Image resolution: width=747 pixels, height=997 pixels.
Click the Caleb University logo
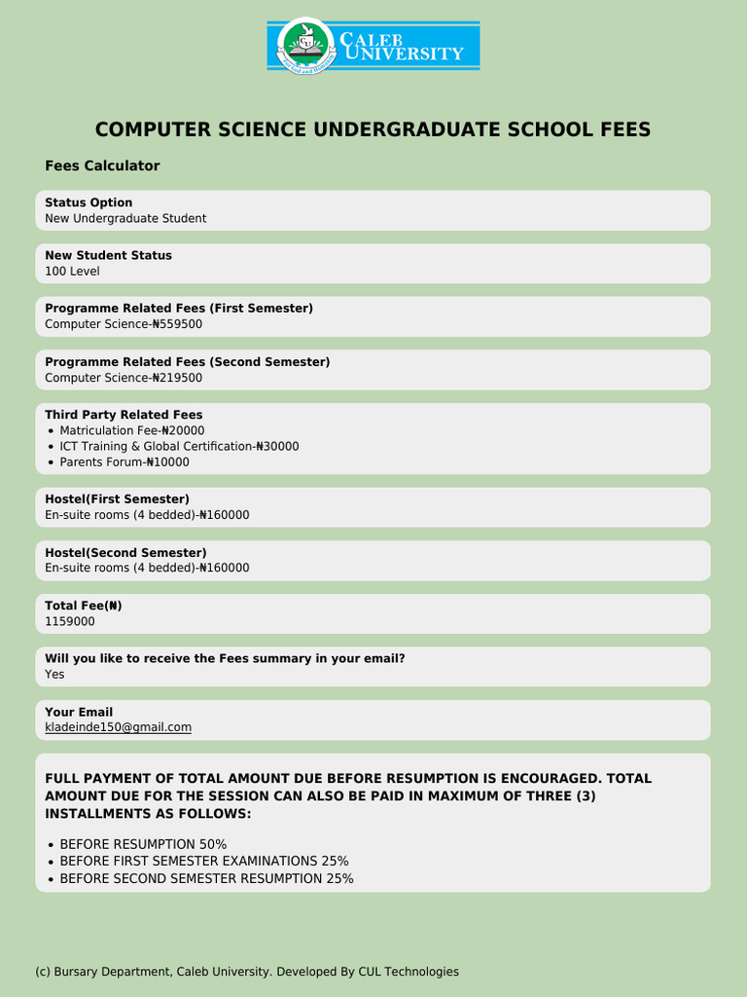(x=373, y=46)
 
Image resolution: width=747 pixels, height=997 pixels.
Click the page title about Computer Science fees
(x=373, y=130)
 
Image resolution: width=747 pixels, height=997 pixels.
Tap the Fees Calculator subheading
(x=102, y=166)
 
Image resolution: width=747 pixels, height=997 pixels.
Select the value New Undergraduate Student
(x=125, y=219)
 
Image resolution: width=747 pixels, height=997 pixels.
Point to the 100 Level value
(x=72, y=272)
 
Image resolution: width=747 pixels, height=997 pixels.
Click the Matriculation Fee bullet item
(x=131, y=430)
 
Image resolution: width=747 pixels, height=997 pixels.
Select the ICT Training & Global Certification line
(x=179, y=446)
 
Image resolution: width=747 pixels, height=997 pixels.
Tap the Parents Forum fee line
(x=124, y=462)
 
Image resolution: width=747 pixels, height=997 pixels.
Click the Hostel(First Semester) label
(x=117, y=499)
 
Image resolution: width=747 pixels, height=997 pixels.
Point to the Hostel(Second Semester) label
(x=125, y=553)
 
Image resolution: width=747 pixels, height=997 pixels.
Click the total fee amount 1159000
(x=70, y=621)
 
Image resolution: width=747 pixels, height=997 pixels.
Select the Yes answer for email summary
(x=54, y=674)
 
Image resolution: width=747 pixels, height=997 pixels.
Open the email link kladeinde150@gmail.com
(x=118, y=727)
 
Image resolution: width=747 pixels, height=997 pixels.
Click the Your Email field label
(x=79, y=712)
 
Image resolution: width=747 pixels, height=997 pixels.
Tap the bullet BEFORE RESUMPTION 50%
(x=143, y=844)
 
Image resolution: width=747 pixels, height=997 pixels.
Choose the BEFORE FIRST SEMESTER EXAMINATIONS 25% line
(x=204, y=862)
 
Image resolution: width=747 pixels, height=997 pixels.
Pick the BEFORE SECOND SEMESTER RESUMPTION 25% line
(x=206, y=879)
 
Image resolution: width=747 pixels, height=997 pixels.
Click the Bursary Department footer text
(x=246, y=972)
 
